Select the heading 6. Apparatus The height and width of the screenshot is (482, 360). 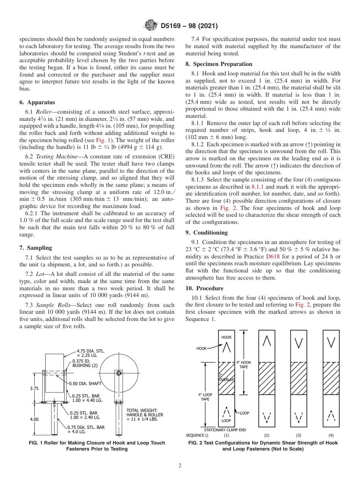point(37,102)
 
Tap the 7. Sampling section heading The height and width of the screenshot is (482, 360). point(36,248)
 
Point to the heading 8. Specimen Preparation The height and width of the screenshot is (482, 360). point(219,64)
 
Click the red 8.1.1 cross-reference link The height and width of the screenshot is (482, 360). point(259,187)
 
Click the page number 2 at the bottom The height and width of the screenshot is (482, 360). point(180,466)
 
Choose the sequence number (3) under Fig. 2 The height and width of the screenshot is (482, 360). point(299,435)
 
